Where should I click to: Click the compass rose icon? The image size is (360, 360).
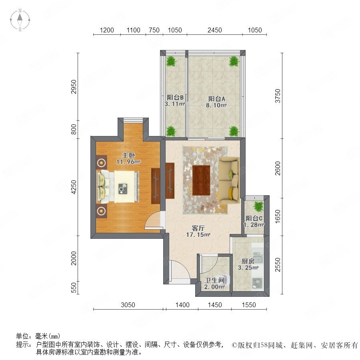(20, 20)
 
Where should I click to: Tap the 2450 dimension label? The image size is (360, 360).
(215, 30)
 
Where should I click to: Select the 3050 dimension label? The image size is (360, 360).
(128, 305)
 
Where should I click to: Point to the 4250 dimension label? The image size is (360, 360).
(74, 187)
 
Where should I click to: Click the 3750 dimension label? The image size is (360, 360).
(278, 96)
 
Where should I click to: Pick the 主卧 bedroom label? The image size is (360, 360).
(128, 155)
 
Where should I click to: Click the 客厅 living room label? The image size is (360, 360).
(198, 228)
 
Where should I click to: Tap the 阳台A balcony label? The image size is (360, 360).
(216, 99)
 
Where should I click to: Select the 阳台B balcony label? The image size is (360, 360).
(175, 97)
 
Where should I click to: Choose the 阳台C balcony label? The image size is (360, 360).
(254, 218)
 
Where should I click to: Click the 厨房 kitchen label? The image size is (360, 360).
(248, 261)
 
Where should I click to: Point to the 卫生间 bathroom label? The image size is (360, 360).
(215, 280)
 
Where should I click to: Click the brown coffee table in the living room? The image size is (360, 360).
(201, 180)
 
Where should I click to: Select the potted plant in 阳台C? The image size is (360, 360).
(259, 206)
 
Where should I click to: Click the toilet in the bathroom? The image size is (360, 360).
(225, 279)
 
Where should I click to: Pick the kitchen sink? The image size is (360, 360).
(258, 257)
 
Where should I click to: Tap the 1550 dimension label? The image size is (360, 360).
(249, 305)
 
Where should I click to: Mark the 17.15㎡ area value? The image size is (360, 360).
(198, 235)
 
